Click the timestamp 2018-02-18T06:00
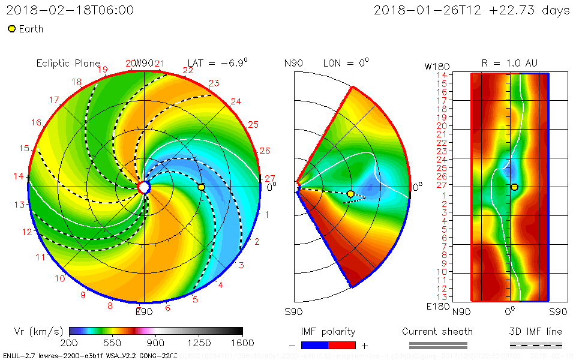click(x=70, y=10)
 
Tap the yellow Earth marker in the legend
click(x=11, y=29)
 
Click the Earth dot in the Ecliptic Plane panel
click(x=201, y=187)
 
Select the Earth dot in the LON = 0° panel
click(x=350, y=193)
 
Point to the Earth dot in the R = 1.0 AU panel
click(x=514, y=187)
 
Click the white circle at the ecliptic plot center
click(x=144, y=188)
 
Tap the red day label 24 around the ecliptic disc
click(x=236, y=101)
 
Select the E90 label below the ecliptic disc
click(x=144, y=311)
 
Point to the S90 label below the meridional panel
click(x=293, y=312)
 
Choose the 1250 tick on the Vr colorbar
click(x=199, y=343)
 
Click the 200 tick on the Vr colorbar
click(x=70, y=343)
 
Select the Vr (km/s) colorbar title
click(x=38, y=331)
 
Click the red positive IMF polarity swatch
click(x=342, y=345)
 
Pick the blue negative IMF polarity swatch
click(x=315, y=345)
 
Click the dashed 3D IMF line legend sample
click(x=536, y=345)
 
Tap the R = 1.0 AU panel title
click(x=510, y=63)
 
